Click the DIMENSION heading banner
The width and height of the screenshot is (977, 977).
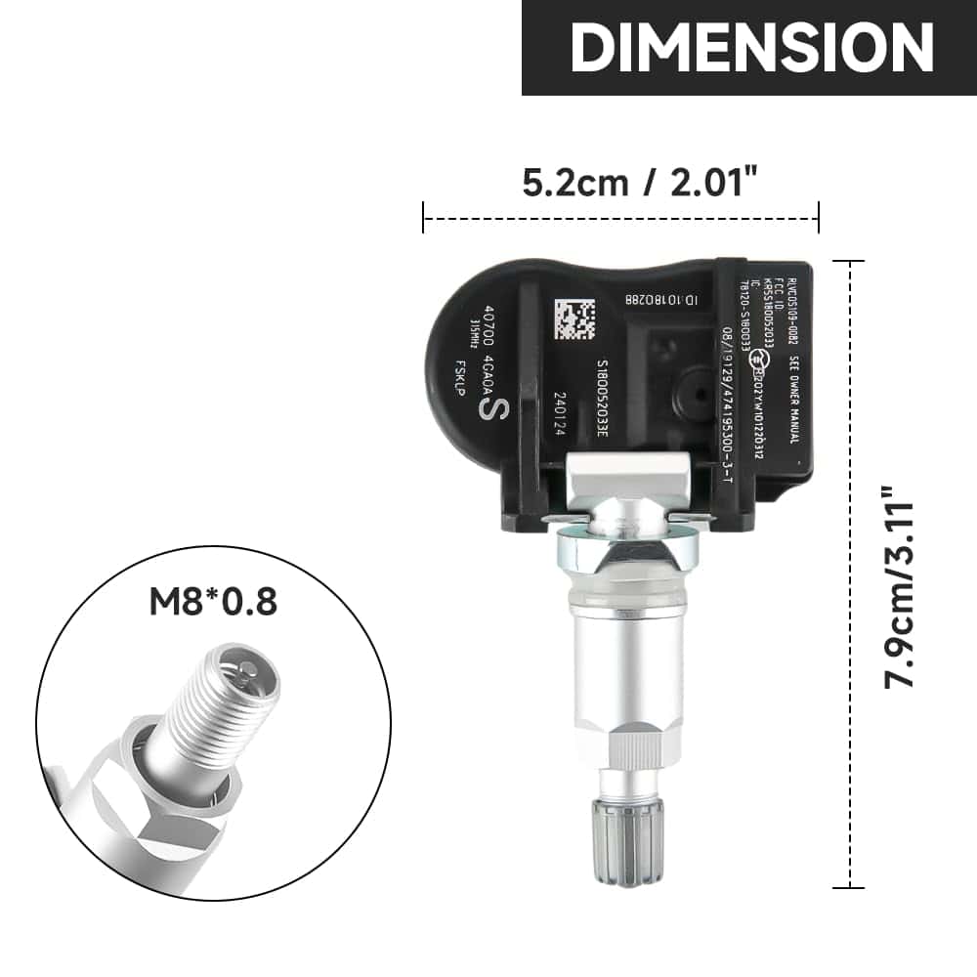(x=749, y=47)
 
